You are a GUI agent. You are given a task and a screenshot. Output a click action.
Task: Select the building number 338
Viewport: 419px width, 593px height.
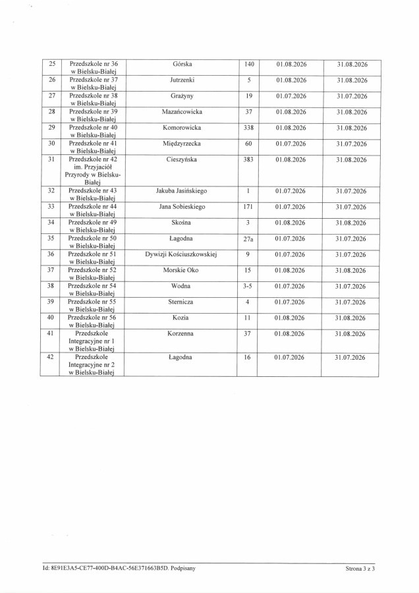tap(248, 128)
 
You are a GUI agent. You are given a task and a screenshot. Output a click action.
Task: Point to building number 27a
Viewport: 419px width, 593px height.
tap(248, 239)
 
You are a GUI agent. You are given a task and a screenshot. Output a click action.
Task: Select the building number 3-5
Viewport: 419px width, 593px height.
tap(248, 286)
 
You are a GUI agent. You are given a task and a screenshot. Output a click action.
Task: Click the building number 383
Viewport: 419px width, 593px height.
tap(248, 159)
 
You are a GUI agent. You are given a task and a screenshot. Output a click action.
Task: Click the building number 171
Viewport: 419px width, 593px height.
tap(248, 207)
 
